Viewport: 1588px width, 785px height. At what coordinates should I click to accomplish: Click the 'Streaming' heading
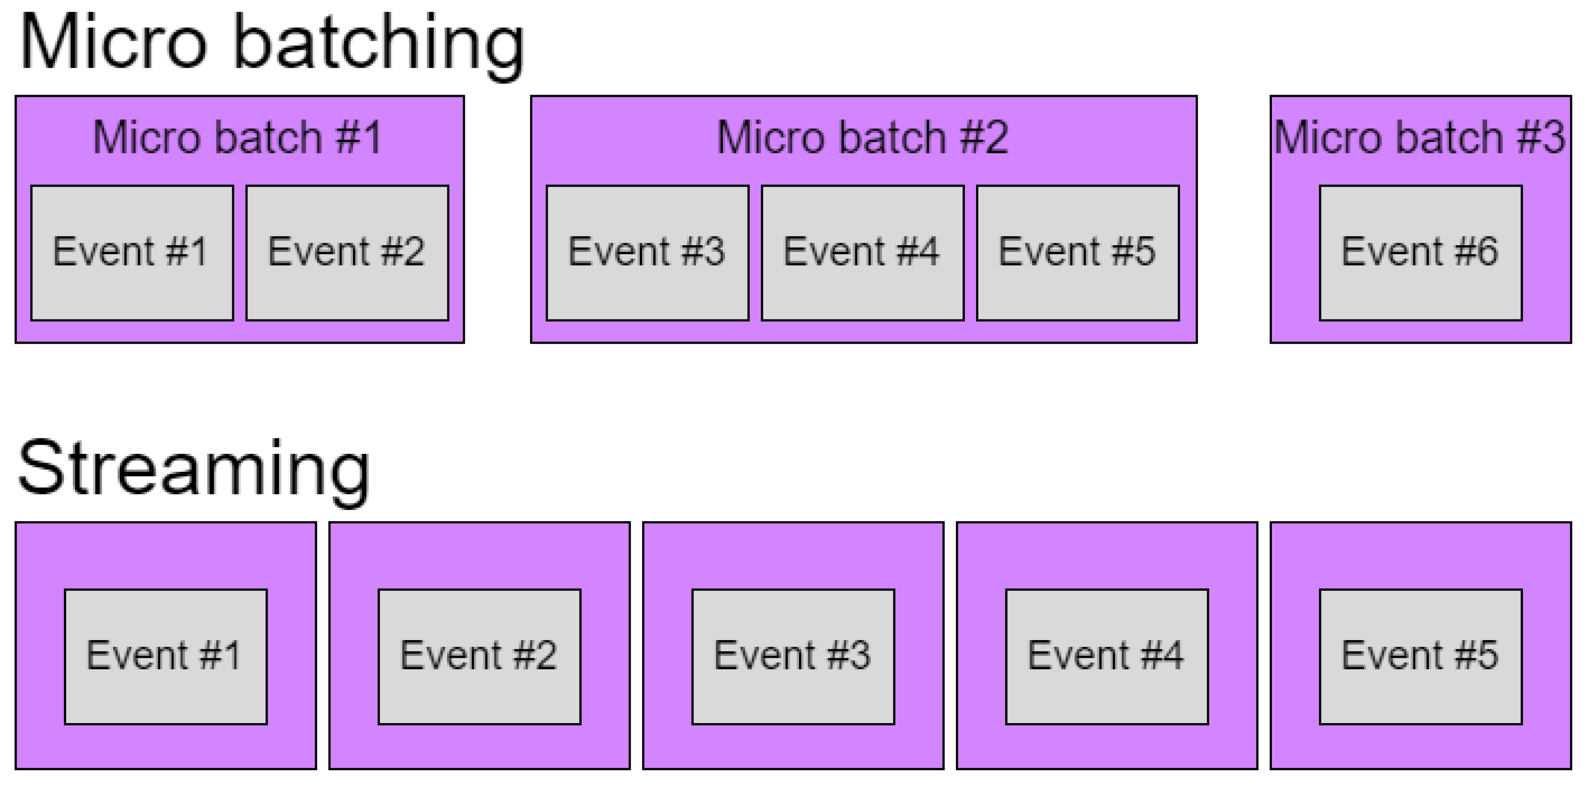point(194,469)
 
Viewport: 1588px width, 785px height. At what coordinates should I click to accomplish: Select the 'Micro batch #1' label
point(238,137)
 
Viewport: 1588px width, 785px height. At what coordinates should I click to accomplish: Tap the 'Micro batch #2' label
point(863,137)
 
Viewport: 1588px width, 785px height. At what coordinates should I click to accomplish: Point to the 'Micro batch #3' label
point(1420,137)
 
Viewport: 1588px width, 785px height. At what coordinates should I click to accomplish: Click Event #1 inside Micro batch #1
point(132,253)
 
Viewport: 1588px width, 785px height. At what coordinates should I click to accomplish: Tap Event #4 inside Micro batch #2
point(862,253)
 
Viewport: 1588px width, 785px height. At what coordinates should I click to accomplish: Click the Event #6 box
point(1420,253)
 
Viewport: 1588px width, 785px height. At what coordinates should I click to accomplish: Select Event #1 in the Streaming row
point(165,656)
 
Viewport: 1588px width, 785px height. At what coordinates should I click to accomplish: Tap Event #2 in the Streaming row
point(479,656)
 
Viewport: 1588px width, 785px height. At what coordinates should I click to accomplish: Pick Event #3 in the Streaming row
point(793,656)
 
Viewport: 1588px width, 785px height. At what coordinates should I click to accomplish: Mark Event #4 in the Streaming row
point(1106,656)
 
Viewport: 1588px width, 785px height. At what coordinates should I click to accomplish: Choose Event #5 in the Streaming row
point(1420,656)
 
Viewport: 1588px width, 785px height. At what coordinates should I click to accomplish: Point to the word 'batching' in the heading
point(379,46)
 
